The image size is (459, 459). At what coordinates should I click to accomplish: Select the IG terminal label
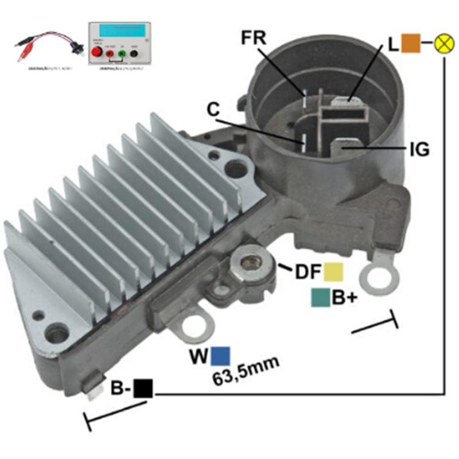[x=419, y=150]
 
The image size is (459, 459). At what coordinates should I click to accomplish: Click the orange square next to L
[x=410, y=44]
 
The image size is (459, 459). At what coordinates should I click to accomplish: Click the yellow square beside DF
[x=334, y=272]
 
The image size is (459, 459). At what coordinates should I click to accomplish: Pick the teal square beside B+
[x=320, y=298]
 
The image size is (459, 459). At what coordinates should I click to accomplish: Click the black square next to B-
[x=143, y=388]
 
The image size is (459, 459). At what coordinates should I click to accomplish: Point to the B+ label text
[x=344, y=298]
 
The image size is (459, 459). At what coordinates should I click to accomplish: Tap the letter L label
[x=393, y=44]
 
